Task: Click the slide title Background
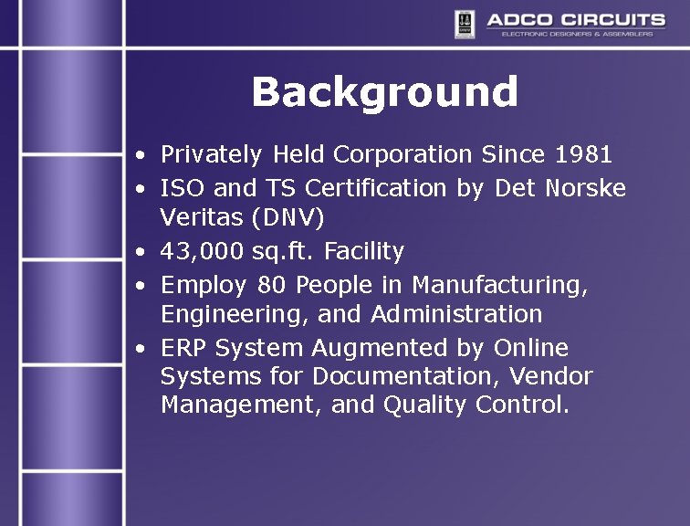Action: [384, 92]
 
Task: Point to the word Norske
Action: [585, 189]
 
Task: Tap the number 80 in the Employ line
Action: [270, 285]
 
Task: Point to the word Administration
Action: [456, 314]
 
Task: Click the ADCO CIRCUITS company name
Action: [575, 20]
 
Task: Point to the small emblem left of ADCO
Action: [465, 25]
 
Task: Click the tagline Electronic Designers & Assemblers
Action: [576, 35]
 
